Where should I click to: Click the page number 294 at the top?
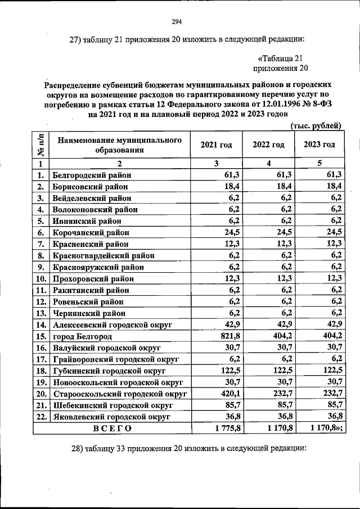(x=176, y=22)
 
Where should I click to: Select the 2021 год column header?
(x=216, y=145)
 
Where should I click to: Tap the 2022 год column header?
(x=268, y=145)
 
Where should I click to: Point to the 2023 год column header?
(x=319, y=145)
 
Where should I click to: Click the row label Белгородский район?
(x=91, y=175)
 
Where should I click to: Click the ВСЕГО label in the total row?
(x=112, y=428)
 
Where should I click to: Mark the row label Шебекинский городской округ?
(x=112, y=405)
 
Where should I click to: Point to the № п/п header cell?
(x=41, y=145)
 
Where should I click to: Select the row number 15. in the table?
(x=40, y=336)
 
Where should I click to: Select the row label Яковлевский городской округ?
(x=112, y=416)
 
